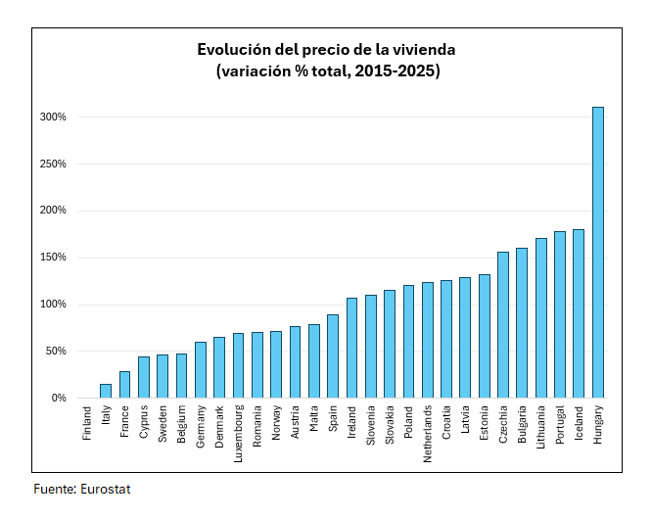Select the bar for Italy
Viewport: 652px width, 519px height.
[x=106, y=391]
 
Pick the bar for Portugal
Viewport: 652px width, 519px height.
[x=560, y=314]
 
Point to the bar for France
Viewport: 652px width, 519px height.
[x=124, y=385]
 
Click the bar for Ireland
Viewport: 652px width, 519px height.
[x=351, y=348]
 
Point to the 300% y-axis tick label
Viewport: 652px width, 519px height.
[x=53, y=118]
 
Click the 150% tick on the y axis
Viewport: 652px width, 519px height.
[x=53, y=258]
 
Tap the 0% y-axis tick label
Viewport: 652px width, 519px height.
[x=59, y=399]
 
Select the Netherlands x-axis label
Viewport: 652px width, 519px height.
[x=428, y=432]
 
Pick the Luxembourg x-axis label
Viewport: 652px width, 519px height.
[x=239, y=432]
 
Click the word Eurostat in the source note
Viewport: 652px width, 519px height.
[x=105, y=489]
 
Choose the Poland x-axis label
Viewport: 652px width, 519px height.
[x=408, y=421]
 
